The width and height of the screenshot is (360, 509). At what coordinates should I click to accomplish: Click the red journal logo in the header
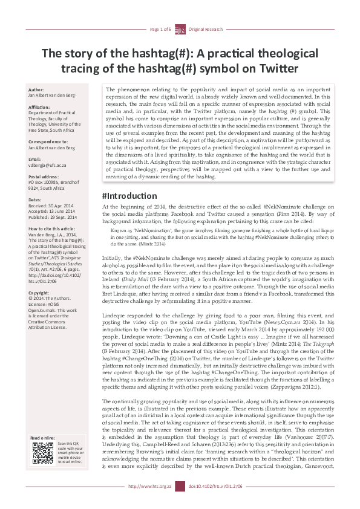(x=180, y=30)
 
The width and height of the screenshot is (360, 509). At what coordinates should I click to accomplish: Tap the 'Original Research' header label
(x=205, y=30)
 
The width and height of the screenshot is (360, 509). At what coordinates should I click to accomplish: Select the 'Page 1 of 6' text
(x=160, y=30)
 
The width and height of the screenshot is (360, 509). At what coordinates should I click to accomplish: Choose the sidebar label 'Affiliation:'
(x=41, y=107)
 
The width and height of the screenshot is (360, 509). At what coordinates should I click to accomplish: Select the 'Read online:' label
(x=44, y=438)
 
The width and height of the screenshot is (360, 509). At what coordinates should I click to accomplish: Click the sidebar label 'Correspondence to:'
(x=49, y=141)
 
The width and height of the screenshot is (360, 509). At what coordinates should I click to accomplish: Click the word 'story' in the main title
(x=94, y=52)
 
